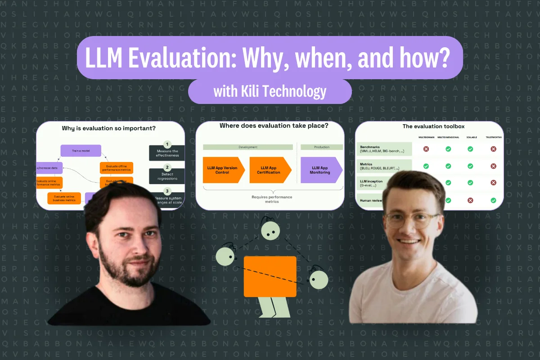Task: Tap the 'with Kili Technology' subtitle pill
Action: [x=270, y=92]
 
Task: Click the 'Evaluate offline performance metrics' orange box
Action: [x=116, y=168]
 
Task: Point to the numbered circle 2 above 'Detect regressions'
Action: [x=167, y=166]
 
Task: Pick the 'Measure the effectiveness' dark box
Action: [x=167, y=153]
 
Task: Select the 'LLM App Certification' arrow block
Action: [x=269, y=170]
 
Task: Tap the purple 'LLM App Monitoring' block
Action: [x=320, y=170]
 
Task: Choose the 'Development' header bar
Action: [x=247, y=147]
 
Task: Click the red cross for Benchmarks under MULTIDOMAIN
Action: [x=426, y=149]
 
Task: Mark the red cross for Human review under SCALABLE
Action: [x=470, y=200]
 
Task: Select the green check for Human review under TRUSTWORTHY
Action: [x=493, y=200]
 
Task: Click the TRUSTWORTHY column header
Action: [x=493, y=137]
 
